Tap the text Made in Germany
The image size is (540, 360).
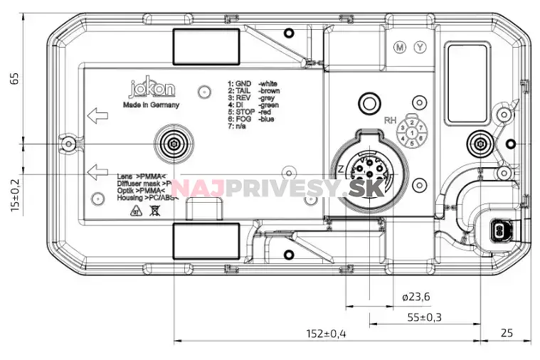point(151,105)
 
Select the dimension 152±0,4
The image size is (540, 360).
point(327,333)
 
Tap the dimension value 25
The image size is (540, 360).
point(507,333)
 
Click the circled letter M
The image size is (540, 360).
point(401,48)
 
